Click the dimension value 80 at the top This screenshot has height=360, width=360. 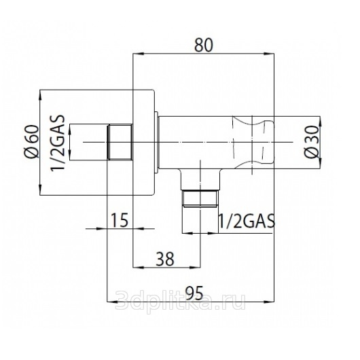tap(204, 45)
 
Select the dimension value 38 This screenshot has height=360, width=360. tap(165, 259)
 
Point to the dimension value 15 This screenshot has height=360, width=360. tap(120, 220)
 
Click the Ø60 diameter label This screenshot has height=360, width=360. tap(33, 142)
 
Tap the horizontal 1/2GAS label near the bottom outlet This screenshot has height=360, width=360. tap(247, 221)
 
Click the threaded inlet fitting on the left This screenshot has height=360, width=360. tap(120, 142)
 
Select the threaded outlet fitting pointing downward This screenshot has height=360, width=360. tap(200, 198)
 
